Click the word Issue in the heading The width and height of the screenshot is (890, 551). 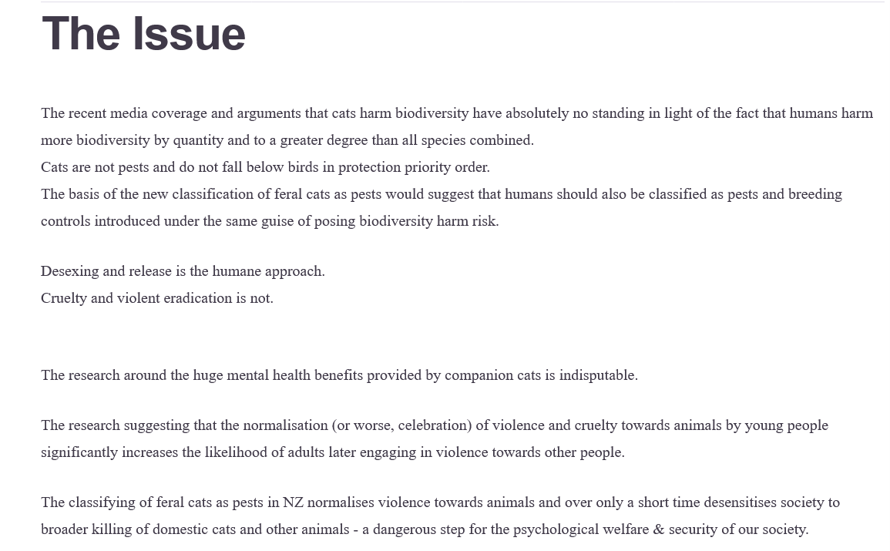(x=189, y=35)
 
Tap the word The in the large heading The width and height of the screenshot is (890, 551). (x=81, y=35)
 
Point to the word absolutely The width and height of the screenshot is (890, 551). (x=537, y=113)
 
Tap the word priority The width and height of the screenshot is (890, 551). (x=429, y=167)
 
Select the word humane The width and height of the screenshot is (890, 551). (x=236, y=271)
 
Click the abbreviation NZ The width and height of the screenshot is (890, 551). (x=294, y=502)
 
